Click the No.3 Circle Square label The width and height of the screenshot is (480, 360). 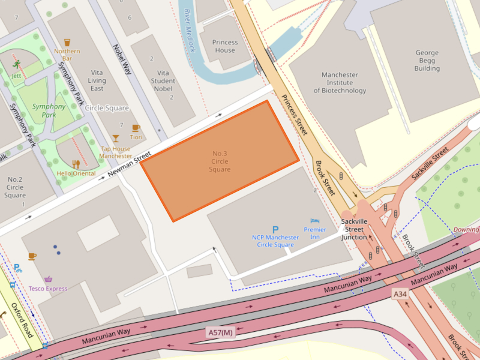[220, 161]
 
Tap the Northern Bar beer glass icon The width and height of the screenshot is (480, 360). [67, 43]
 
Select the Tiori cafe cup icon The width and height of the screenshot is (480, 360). [136, 128]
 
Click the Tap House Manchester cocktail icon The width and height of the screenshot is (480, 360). [115, 139]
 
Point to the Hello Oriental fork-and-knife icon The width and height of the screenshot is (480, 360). [76, 164]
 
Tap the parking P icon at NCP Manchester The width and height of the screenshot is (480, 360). [275, 229]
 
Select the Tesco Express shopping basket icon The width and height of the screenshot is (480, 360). [48, 279]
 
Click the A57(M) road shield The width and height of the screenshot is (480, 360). [220, 332]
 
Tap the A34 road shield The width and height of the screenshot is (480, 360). [400, 293]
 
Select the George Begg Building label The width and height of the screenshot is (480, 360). [427, 60]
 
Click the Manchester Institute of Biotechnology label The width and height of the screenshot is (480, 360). [340, 83]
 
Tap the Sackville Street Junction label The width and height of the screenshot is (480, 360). [353, 229]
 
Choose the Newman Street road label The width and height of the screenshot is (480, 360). [128, 167]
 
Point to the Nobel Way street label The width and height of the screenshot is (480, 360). [122, 59]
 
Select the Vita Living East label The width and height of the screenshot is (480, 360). [97, 80]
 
